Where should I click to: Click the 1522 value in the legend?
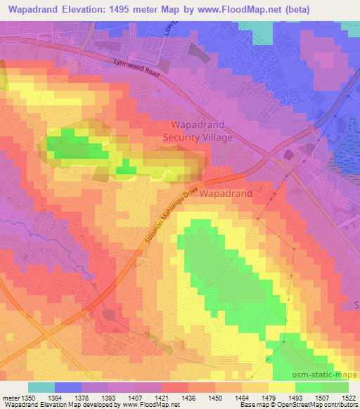coord(347,397)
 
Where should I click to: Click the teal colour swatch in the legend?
coord(41,387)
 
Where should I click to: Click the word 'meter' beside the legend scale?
coord(9,397)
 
